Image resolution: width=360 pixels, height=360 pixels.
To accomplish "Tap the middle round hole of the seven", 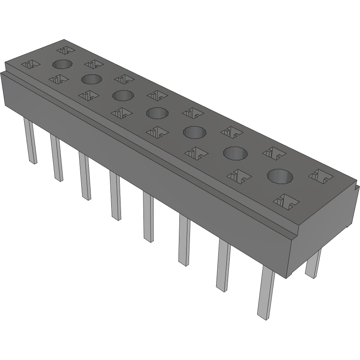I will [x=157, y=113].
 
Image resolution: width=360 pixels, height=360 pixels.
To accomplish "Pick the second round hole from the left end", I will [x=91, y=79].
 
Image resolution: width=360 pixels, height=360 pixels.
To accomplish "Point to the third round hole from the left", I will [x=123, y=95].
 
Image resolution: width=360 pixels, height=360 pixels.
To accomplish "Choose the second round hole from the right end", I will [x=235, y=153].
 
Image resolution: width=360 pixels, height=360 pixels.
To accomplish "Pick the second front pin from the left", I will [x=57, y=158].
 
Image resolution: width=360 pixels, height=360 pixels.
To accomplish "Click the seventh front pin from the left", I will [x=223, y=265].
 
